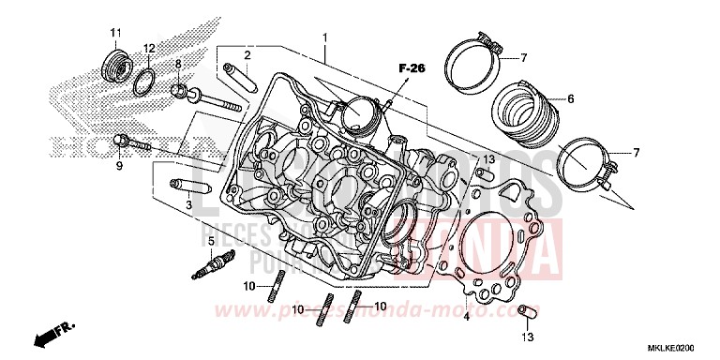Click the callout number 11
[116, 34]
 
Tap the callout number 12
[149, 48]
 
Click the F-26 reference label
[410, 67]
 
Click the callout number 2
[247, 55]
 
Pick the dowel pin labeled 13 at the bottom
[527, 310]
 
